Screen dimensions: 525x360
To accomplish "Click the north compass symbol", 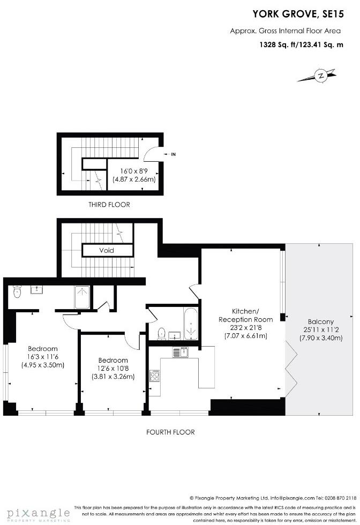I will [x=320, y=76].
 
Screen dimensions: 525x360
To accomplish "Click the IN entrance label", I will [x=173, y=154].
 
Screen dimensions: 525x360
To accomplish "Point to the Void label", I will [x=107, y=250].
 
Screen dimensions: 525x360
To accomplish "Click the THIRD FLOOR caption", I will [x=109, y=205].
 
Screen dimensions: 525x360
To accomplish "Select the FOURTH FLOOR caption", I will [x=170, y=432].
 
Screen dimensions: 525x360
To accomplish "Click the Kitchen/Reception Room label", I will [x=244, y=319].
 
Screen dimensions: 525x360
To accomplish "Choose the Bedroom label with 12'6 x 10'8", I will [x=113, y=360].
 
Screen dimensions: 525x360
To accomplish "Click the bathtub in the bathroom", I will [x=191, y=323].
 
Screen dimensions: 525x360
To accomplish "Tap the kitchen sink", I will [x=179, y=352].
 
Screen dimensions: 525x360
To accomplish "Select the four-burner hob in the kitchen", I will [x=155, y=376].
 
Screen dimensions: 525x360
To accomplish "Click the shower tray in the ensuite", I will [x=82, y=297].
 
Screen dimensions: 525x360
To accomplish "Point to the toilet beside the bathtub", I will [x=161, y=333].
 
